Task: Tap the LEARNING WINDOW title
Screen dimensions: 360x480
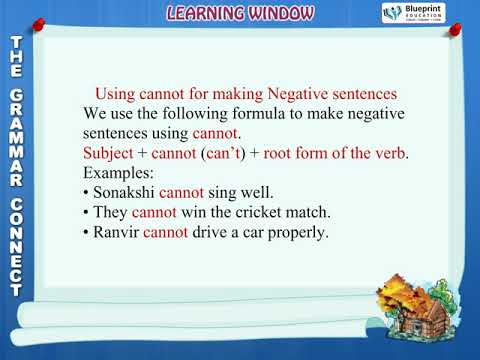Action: pyautogui.click(x=239, y=13)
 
